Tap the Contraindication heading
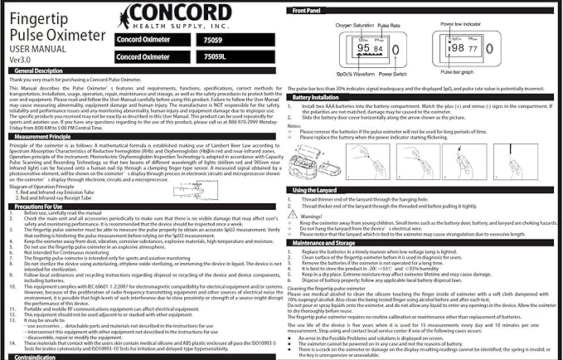(38, 357)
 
